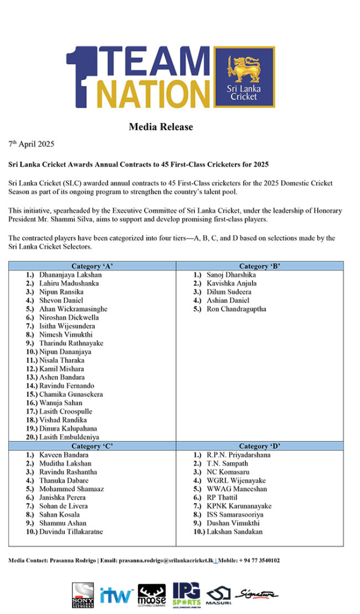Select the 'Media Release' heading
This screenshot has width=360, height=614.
coord(161,127)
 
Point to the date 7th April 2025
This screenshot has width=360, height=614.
coord(31,144)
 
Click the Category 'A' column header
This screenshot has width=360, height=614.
coord(92,266)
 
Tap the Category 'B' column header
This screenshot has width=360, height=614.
coord(260,266)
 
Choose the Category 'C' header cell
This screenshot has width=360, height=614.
coord(92,446)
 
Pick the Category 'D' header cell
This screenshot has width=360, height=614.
coord(260,446)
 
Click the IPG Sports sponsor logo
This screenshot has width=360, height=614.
coord(186,593)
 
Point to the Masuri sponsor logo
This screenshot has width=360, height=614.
coord(218,595)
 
